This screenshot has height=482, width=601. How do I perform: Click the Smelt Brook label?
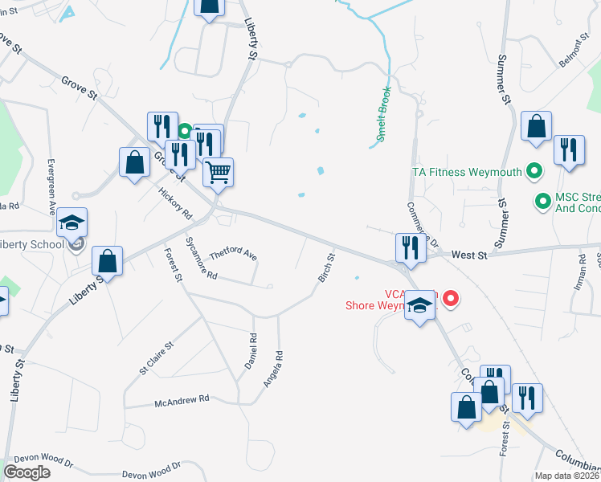coord(385,114)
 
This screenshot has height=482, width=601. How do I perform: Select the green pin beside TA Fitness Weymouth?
coord(533,171)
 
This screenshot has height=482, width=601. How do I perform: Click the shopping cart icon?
coord(217,172)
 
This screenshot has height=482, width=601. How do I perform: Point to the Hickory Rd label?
coord(176,204)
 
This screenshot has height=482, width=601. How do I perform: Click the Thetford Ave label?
coord(233,255)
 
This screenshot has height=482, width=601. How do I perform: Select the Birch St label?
coord(325,268)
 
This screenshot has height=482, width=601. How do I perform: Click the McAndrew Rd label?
coord(182,398)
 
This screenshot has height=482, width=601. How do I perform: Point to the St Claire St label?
coord(157,358)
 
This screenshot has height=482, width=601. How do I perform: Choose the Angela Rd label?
coord(274,369)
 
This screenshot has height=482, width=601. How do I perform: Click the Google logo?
coord(27,472)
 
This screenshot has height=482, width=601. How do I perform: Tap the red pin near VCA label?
coord(451,299)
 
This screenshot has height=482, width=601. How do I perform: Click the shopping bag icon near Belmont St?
coord(536,127)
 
